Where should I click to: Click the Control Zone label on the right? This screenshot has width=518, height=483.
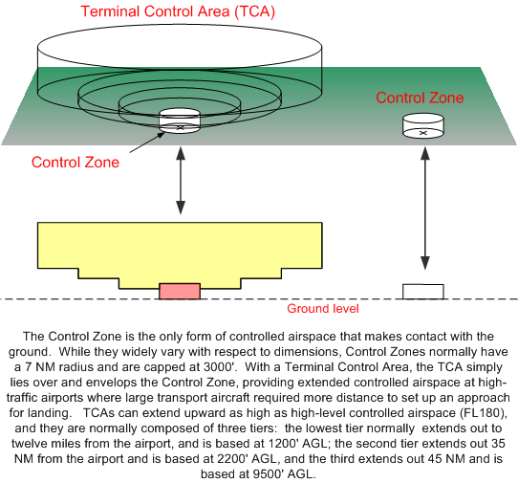point(420,98)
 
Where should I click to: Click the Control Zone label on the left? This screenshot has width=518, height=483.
point(76,162)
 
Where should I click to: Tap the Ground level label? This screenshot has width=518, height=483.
point(323,308)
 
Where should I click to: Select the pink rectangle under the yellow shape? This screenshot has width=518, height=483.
point(180,291)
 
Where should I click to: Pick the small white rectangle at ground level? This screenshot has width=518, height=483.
point(422,292)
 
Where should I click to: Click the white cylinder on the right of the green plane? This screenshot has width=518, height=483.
point(422,126)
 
